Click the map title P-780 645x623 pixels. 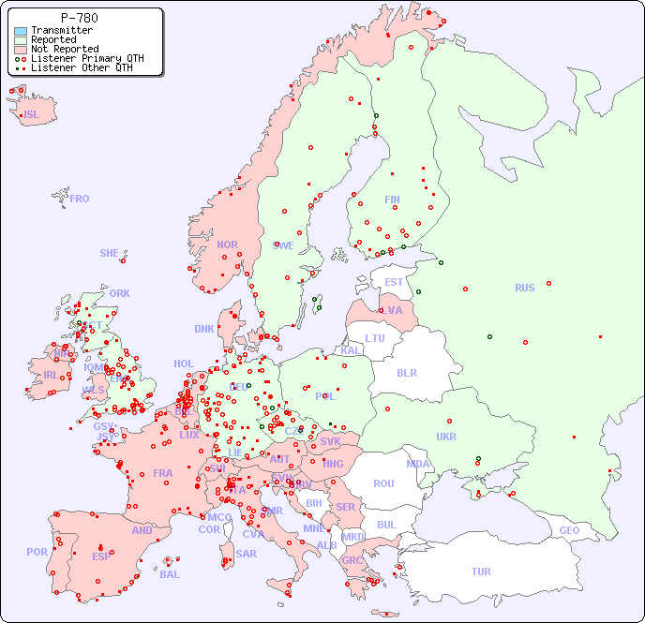(79, 18)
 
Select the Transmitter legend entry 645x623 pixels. (61, 31)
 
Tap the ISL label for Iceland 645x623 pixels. (32, 115)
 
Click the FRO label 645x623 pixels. (80, 199)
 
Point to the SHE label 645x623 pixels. (110, 253)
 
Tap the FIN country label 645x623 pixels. (392, 200)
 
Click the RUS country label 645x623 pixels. (524, 288)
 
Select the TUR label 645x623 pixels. (481, 571)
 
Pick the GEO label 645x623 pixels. (569, 530)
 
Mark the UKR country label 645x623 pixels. (446, 437)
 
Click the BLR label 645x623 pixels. (406, 372)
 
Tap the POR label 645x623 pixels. (37, 552)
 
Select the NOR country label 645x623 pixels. (227, 245)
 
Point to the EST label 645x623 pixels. (394, 282)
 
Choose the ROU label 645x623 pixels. (383, 483)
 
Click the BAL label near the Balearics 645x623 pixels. (169, 574)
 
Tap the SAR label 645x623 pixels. (246, 554)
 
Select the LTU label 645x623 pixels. (375, 338)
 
